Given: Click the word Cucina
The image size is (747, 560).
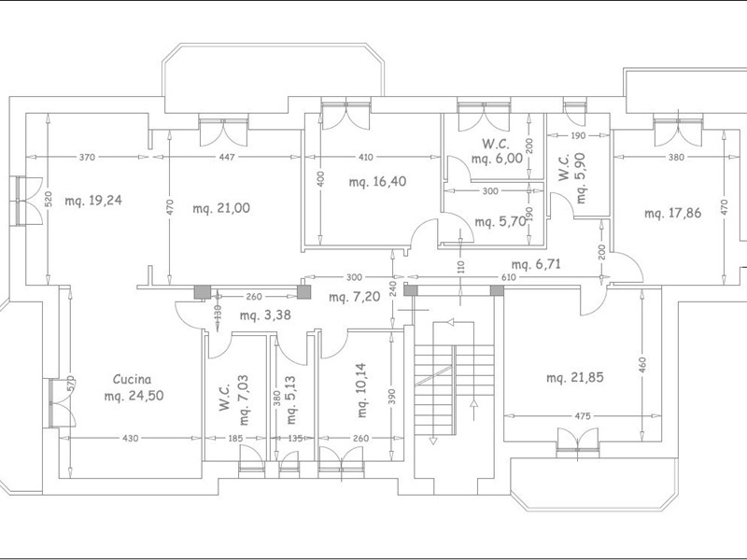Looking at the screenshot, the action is pyautogui.click(x=132, y=380).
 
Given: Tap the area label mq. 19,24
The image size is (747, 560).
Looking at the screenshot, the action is pyautogui.click(x=93, y=201).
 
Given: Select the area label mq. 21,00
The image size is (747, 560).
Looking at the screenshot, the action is pyautogui.click(x=221, y=208).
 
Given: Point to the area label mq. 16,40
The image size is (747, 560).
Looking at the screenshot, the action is pyautogui.click(x=378, y=182).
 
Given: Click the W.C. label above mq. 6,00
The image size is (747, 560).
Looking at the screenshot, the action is pyautogui.click(x=496, y=144).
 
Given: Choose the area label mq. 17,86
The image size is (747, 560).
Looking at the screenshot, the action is pyautogui.click(x=672, y=213).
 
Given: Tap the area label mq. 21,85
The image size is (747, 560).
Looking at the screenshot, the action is pyautogui.click(x=575, y=378).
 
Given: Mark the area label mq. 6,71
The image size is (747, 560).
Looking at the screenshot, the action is pyautogui.click(x=536, y=264).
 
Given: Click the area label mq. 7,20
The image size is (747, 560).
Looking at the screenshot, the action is pyautogui.click(x=355, y=297).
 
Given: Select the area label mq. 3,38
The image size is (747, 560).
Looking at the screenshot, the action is pyautogui.click(x=265, y=315).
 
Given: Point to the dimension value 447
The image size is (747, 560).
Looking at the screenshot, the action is pyautogui.click(x=227, y=157).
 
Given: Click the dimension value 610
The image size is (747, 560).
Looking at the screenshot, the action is pyautogui.click(x=508, y=277).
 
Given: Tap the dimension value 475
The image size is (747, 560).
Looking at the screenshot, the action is pyautogui.click(x=582, y=416).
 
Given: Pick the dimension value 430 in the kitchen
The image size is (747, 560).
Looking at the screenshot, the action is pyautogui.click(x=130, y=438).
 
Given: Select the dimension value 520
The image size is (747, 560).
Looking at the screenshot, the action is pyautogui.click(x=49, y=199).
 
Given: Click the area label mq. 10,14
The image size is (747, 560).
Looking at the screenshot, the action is pyautogui.click(x=361, y=390).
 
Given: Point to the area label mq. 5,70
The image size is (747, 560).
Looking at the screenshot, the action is pyautogui.click(x=500, y=221).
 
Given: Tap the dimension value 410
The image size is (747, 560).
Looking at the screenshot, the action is pyautogui.click(x=366, y=157).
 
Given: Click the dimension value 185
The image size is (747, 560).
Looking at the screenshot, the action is pyautogui.click(x=235, y=438).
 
